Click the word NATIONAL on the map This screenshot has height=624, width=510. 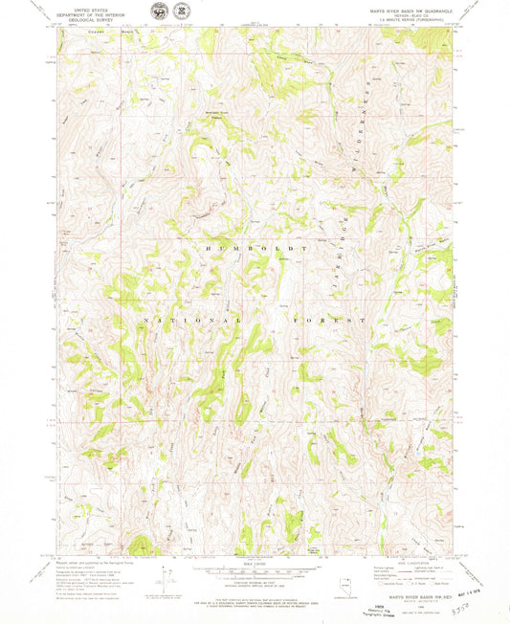click(x=176, y=318)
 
